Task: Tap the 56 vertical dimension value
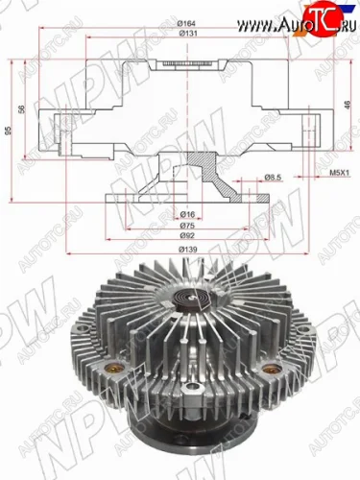point(27,108)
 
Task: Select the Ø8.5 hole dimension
point(272,177)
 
